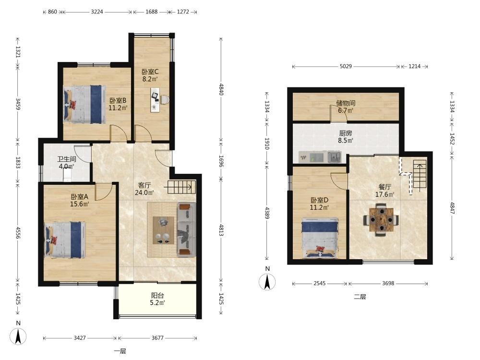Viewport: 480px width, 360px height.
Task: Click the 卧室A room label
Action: [x=79, y=196]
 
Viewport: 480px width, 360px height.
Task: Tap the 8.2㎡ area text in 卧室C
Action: [x=150, y=79]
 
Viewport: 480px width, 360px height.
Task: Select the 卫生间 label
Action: [x=67, y=159]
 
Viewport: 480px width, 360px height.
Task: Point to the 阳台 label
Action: [x=157, y=295]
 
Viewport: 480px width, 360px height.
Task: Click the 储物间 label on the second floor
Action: [x=346, y=103]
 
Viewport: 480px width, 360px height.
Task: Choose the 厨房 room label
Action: [x=345, y=133]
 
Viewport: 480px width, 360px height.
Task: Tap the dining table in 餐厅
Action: [x=381, y=219]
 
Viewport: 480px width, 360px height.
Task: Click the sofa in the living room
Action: [x=186, y=229]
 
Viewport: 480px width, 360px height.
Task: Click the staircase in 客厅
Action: [x=180, y=187]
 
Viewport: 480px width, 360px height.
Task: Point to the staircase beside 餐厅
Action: [x=420, y=175]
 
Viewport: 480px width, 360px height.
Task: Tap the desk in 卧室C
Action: [x=155, y=100]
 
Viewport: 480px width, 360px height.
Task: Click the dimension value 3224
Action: [x=97, y=12]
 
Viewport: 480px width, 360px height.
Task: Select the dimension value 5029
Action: [x=346, y=66]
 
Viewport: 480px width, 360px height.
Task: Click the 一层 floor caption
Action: [x=120, y=351]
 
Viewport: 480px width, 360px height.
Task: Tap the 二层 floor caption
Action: [x=360, y=297]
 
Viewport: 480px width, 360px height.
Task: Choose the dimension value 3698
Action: [x=388, y=284]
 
